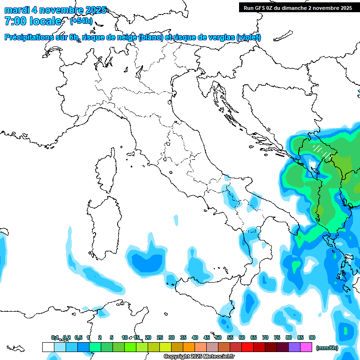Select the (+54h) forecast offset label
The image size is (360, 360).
pos(81,21)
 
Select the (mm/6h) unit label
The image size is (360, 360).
pos(327,348)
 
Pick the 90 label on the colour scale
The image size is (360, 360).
pos(312,337)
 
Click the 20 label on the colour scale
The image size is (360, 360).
pos(148,337)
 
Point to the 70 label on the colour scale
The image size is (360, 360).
pos(265,337)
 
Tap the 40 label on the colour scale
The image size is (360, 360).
pos(195,337)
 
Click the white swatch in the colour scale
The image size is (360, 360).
pos(48,347)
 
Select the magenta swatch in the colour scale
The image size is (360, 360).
pos(306,347)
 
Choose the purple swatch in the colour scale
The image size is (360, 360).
pos(294,347)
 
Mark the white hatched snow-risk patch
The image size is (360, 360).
pos(322,150)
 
